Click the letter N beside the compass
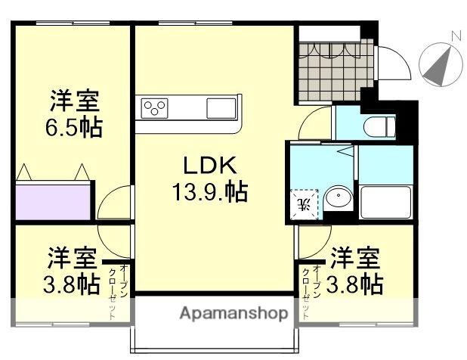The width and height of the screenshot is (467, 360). pos(456,36)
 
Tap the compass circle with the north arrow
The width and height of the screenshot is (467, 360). pos(439,64)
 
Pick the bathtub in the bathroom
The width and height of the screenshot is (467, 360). pos(385,201)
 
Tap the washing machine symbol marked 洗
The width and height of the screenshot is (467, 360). pos(304,202)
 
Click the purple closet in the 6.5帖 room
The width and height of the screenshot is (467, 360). pos(54,200)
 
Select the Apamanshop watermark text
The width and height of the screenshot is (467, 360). pos(233,313)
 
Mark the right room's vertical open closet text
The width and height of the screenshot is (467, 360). pos(311,291)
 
